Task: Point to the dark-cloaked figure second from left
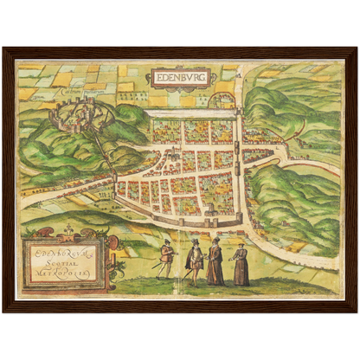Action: [x=195, y=262]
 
